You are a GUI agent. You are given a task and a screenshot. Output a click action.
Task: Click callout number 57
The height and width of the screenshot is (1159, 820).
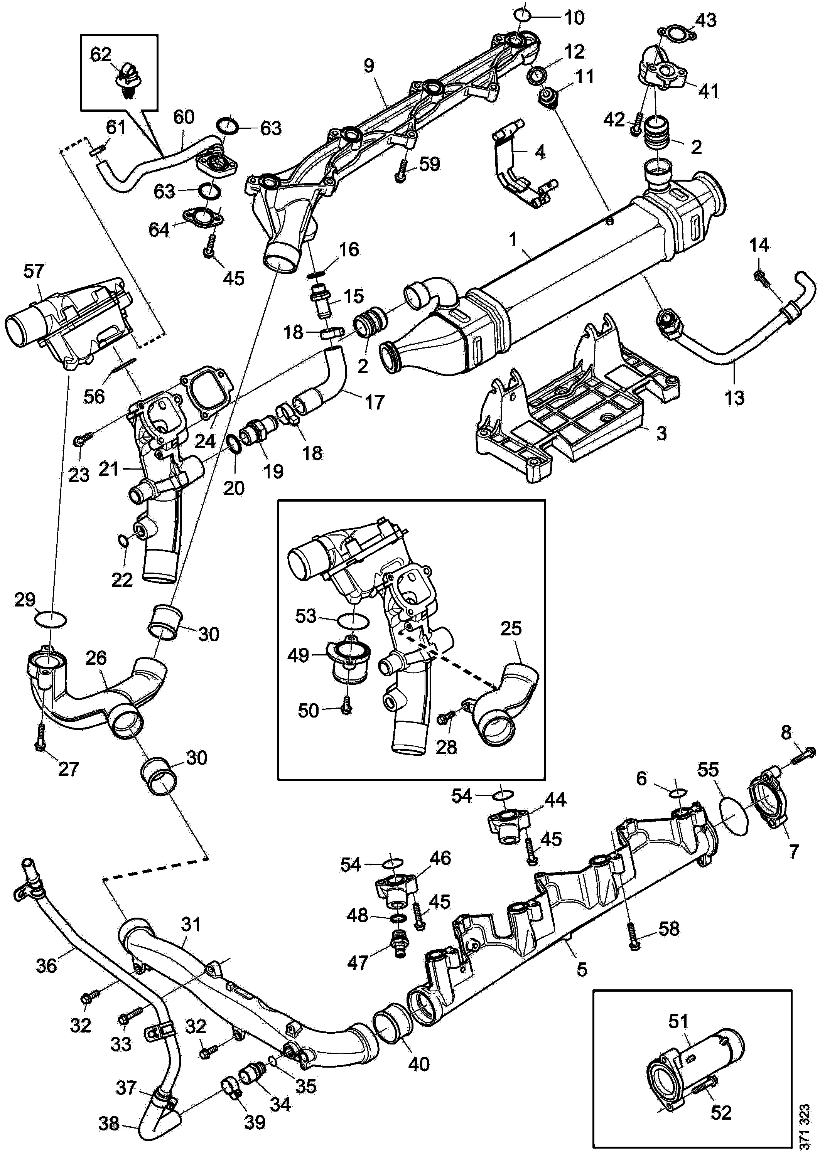tap(34, 271)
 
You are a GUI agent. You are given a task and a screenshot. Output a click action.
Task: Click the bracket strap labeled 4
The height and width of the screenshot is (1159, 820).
tap(513, 167)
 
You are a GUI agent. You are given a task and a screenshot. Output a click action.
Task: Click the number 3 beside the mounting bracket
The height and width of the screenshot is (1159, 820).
tap(661, 433)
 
